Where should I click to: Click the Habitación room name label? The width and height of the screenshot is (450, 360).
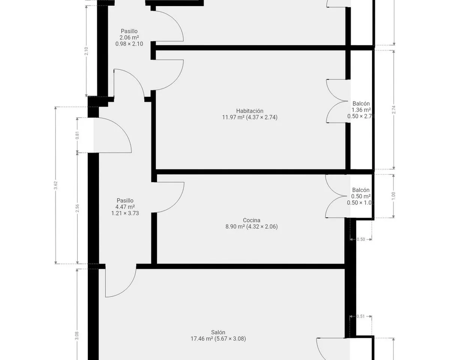[x=250, y=111]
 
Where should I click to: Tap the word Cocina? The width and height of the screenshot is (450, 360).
[x=252, y=220]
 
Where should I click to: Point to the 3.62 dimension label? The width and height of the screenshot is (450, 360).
[x=55, y=185]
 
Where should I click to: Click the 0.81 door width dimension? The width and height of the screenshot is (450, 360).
[x=77, y=135]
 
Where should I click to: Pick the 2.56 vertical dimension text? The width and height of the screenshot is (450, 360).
[x=77, y=208]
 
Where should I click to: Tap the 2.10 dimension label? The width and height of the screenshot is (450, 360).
[x=86, y=51]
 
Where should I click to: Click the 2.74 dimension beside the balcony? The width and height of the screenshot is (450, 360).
[x=393, y=110]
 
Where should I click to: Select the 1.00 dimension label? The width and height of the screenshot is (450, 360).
[x=393, y=196]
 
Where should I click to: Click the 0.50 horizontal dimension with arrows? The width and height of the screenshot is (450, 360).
[x=361, y=239]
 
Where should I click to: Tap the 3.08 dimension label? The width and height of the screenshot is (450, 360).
[x=77, y=336]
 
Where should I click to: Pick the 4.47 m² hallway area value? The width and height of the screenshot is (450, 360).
[x=125, y=207]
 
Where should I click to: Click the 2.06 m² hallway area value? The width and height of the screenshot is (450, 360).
[x=129, y=37]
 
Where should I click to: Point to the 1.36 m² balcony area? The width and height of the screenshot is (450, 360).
[x=361, y=110]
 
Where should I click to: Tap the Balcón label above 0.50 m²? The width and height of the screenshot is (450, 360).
[x=361, y=190]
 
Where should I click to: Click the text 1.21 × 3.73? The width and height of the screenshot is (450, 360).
[x=125, y=213]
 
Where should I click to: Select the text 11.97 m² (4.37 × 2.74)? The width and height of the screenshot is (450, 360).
[x=250, y=117]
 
